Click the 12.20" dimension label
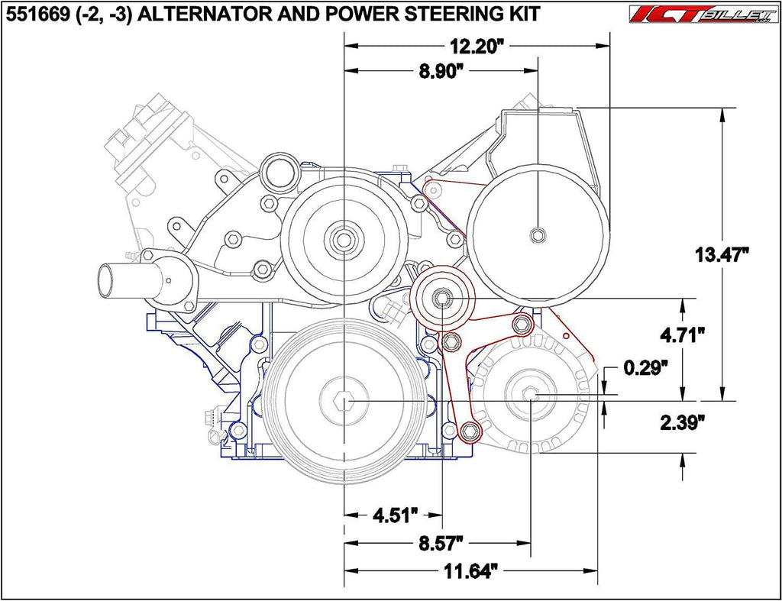(478, 47)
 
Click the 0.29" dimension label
(645, 368)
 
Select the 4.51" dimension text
(396, 515)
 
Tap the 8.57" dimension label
(439, 543)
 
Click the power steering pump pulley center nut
(538, 234)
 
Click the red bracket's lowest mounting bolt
(470, 431)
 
